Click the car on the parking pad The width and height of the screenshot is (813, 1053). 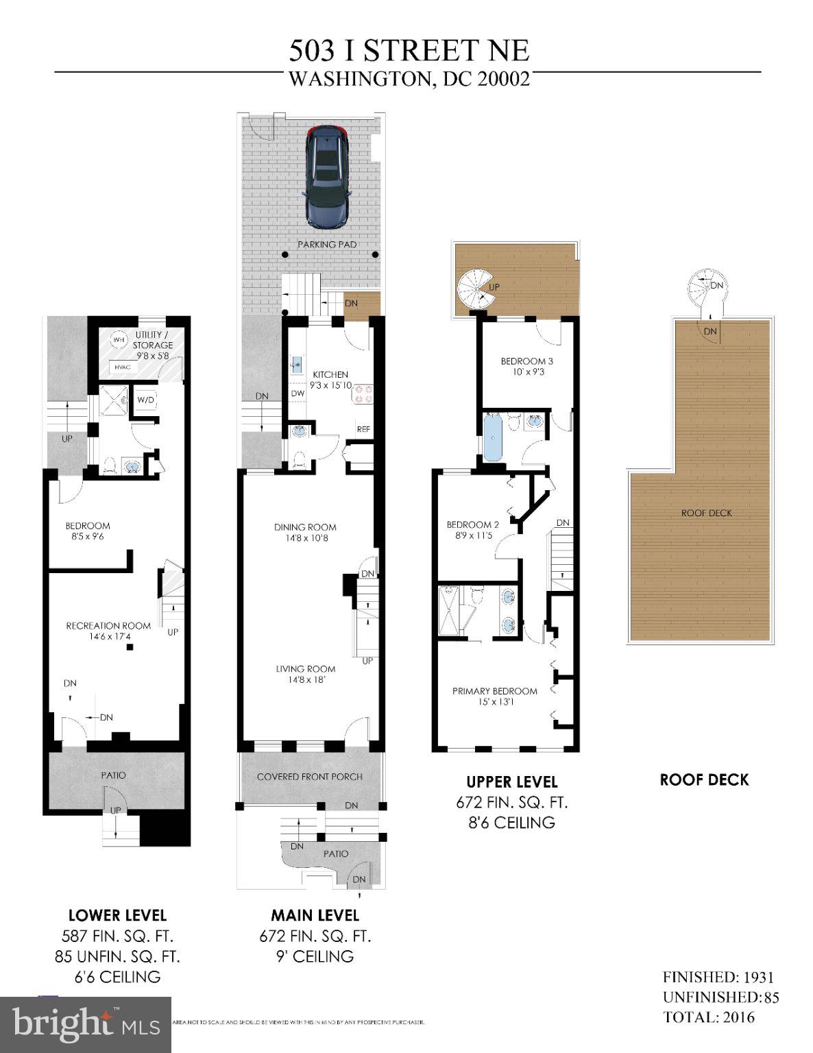(x=327, y=176)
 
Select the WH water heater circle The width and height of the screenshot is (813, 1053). (x=119, y=339)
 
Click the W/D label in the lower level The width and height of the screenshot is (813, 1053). (x=145, y=400)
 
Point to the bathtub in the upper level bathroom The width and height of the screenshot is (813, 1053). (x=493, y=437)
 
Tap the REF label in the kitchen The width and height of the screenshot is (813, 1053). (x=363, y=429)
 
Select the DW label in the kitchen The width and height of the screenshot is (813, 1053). (x=298, y=394)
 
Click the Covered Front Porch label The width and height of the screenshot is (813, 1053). (x=310, y=777)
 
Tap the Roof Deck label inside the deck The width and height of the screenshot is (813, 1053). (x=706, y=513)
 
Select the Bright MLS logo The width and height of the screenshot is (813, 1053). (x=86, y=1024)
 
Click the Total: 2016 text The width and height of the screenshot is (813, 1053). (x=709, y=1017)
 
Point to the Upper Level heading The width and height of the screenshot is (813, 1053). (x=511, y=782)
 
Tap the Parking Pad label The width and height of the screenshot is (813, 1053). (x=327, y=244)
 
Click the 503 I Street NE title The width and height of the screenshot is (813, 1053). (x=409, y=51)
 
